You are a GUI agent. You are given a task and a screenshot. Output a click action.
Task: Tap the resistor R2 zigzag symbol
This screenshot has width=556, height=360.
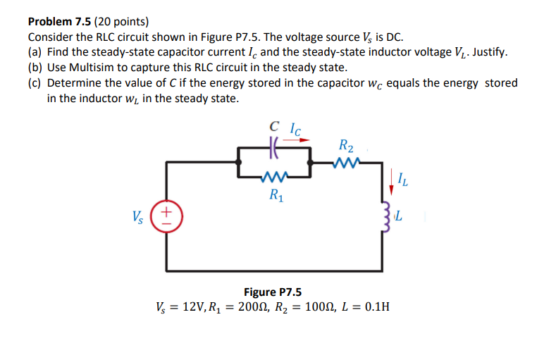click(x=346, y=163)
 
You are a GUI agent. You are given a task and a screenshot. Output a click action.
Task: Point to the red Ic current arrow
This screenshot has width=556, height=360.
click(x=297, y=139)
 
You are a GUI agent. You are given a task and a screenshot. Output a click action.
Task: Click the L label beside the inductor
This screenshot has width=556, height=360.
click(x=399, y=216)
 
